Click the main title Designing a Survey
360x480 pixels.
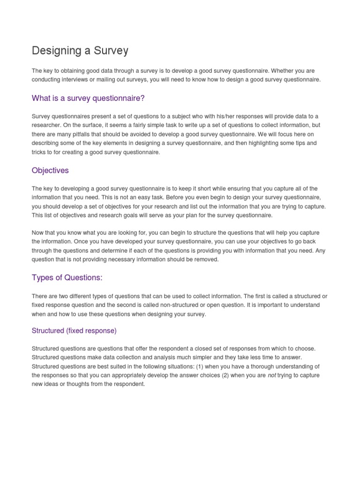coord(80,51)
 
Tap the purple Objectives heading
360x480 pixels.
coord(50,170)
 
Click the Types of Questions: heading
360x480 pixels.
coord(67,277)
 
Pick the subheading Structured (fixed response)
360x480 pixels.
coord(74,330)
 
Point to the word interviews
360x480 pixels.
coord(76,80)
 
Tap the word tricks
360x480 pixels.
coord(40,152)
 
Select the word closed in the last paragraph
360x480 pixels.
coord(199,349)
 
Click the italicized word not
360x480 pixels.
coord(272,375)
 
